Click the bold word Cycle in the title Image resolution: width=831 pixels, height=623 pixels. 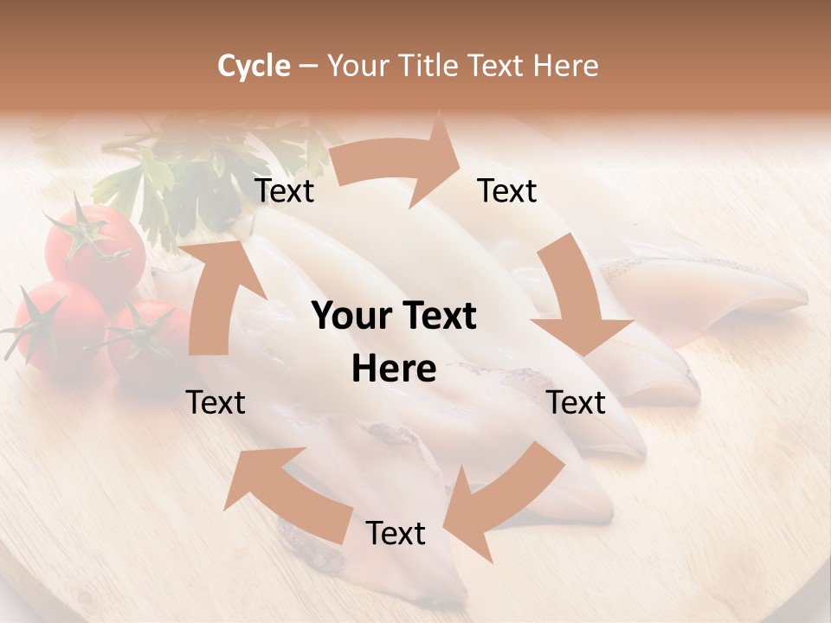(254, 66)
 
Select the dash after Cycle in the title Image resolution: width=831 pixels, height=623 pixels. (308, 66)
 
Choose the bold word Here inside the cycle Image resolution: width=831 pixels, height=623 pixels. (394, 369)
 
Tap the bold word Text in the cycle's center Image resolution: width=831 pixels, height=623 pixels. (437, 317)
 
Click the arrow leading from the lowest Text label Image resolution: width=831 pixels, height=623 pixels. (286, 493)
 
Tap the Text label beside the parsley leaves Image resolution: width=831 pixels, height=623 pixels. (284, 191)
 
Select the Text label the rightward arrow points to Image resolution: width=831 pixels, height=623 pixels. (507, 191)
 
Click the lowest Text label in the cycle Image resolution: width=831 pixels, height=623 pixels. (396, 533)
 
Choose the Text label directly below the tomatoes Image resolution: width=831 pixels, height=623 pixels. (216, 402)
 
